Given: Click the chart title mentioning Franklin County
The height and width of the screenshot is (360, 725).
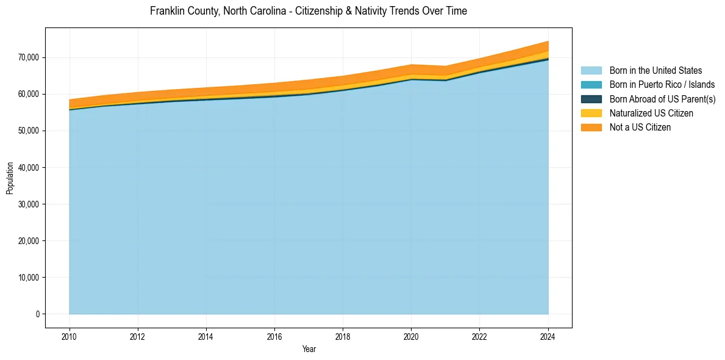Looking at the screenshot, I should click(308, 11).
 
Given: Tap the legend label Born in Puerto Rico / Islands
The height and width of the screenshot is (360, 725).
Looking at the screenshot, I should click(662, 85).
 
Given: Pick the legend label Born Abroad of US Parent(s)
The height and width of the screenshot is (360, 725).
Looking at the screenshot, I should click(662, 99).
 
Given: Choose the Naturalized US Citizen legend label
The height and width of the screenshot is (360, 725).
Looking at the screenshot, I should click(651, 113).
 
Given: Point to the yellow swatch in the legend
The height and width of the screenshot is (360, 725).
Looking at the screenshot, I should click(591, 113).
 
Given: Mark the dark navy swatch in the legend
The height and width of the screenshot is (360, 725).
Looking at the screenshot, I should click(591, 99).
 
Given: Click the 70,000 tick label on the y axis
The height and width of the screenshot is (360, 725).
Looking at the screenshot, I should click(29, 57).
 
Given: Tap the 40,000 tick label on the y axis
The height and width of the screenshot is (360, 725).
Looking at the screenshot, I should click(29, 167).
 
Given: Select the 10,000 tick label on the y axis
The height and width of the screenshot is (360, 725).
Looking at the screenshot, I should click(29, 278).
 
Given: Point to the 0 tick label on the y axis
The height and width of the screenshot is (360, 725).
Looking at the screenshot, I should click(37, 314).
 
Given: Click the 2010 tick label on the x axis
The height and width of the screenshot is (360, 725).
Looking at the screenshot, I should click(70, 336).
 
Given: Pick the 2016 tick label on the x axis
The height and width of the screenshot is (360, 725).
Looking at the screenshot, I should click(274, 336).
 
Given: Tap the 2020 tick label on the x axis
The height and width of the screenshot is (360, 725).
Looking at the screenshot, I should click(412, 336).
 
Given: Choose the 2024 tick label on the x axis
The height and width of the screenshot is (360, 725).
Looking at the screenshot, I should click(548, 336).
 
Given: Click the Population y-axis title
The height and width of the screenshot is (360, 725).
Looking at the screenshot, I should click(10, 178).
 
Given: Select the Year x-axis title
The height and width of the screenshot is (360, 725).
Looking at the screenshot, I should click(309, 349).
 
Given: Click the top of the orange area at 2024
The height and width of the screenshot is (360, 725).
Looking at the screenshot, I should click(548, 41).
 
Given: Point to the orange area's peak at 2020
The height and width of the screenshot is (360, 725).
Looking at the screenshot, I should click(412, 65).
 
